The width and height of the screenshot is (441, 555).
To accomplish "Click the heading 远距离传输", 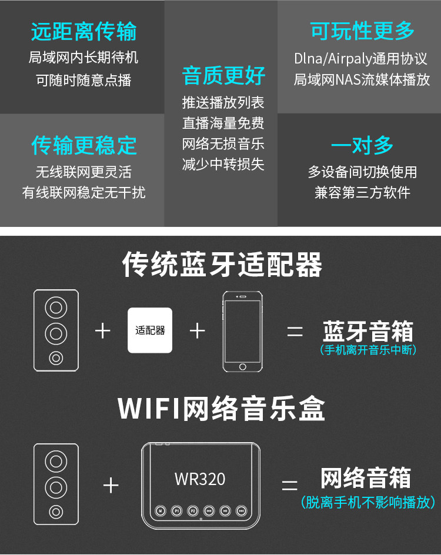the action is [x=84, y=32].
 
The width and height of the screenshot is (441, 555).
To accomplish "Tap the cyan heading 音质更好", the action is [x=224, y=76].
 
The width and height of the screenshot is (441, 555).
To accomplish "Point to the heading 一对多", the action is [x=362, y=145].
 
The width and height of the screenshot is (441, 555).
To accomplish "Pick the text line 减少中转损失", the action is [x=223, y=165].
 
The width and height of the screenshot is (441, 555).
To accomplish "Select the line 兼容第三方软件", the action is [x=362, y=193].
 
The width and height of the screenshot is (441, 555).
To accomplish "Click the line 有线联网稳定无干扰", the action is [x=83, y=193].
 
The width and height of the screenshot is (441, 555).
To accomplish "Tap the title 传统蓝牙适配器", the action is [x=222, y=265].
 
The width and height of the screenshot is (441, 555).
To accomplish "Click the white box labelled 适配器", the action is [x=150, y=330].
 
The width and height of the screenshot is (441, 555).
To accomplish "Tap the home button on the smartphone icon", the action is [x=243, y=366].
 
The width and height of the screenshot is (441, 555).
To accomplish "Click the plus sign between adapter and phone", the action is [x=198, y=331].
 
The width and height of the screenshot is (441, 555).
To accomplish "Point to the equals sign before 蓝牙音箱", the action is [x=295, y=332].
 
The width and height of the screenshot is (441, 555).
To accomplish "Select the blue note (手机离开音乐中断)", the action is [x=369, y=350].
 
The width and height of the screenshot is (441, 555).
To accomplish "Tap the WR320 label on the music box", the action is [x=200, y=479].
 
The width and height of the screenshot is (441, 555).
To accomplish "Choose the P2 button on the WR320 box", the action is [x=192, y=511].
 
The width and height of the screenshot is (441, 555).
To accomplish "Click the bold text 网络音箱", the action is [x=366, y=478].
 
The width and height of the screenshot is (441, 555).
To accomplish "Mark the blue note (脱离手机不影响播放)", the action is [x=368, y=502].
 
